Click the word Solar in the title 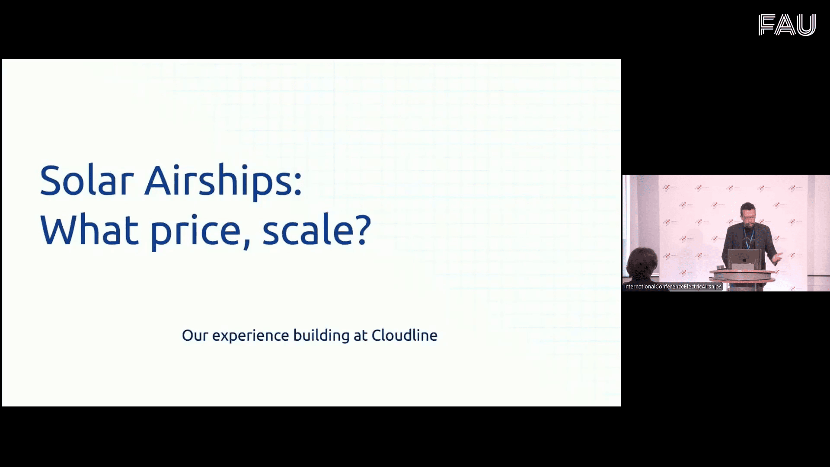86,180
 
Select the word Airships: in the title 223,182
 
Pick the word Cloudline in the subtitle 404,335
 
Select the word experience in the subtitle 250,336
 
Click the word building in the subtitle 321,336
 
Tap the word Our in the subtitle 195,336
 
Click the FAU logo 787,25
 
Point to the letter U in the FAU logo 806,25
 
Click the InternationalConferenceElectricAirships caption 673,287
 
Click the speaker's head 747,213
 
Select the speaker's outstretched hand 777,258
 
